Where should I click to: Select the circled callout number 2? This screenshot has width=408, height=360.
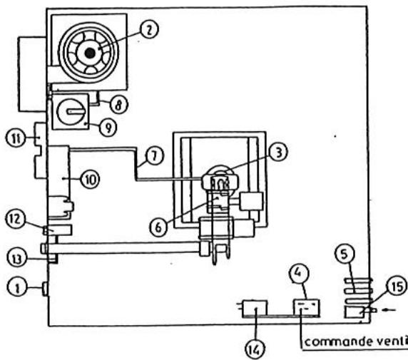pos(149,30)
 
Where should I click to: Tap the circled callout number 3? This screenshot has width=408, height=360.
pos(280,151)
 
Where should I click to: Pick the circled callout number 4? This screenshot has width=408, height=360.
pos(300,273)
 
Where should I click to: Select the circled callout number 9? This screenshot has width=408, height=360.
pos(106,131)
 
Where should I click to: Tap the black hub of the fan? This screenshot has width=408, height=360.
pos(88,52)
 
